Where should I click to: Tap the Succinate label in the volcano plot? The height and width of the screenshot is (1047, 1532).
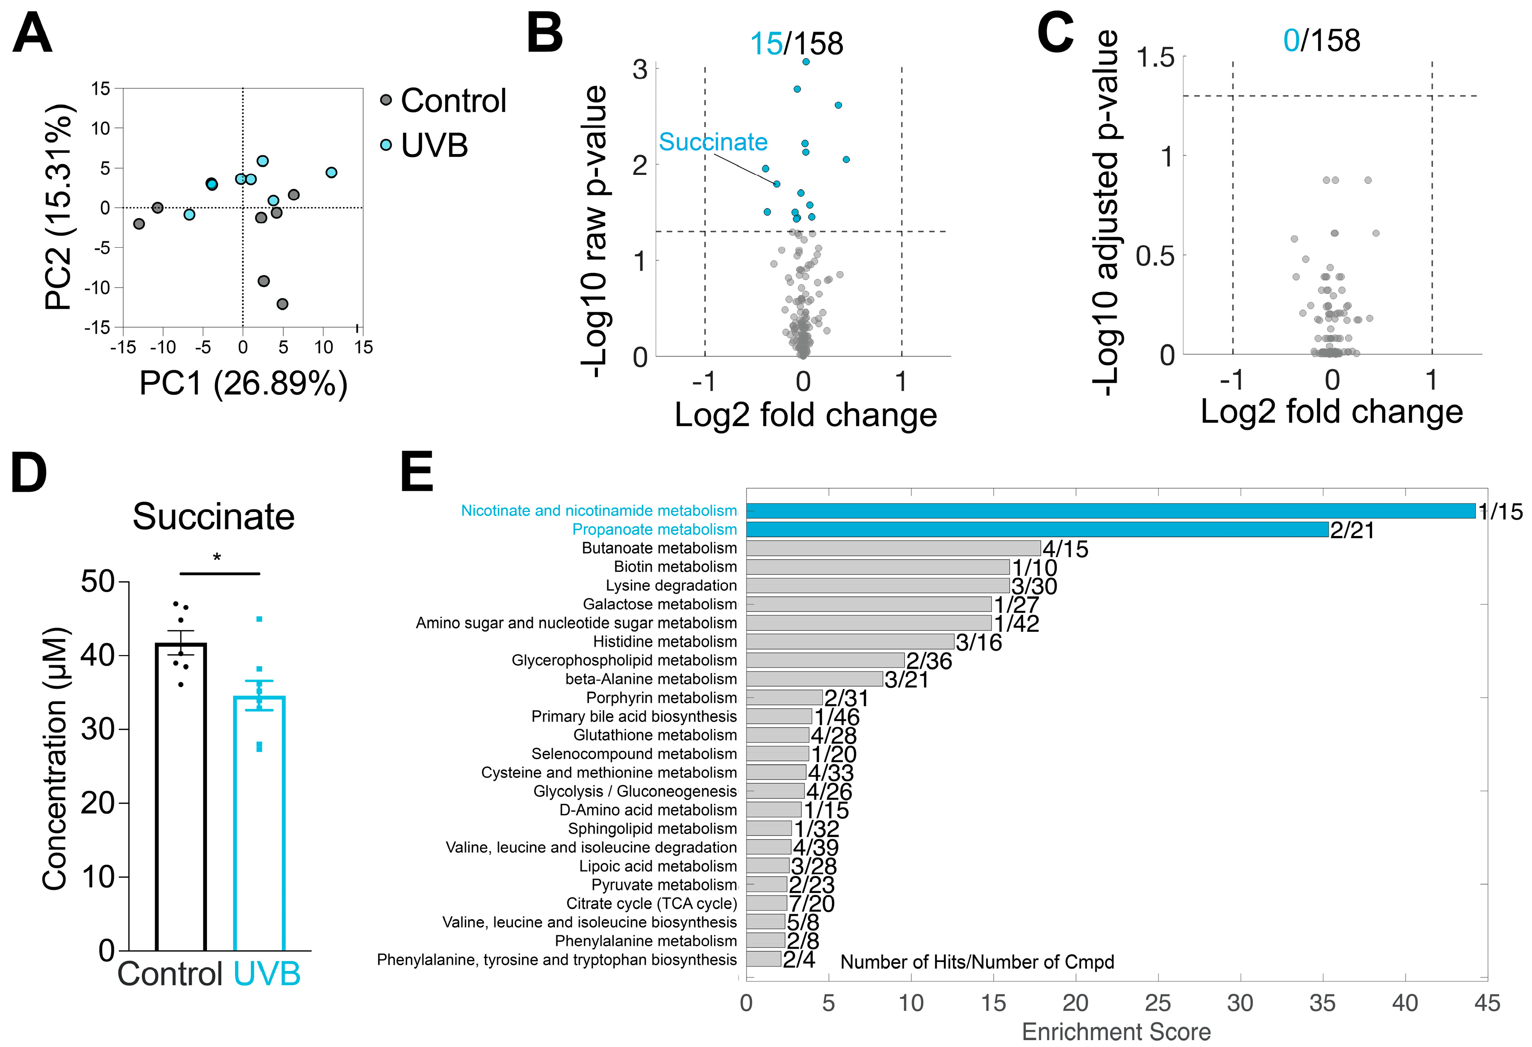click(713, 142)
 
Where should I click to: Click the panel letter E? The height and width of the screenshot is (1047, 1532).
click(417, 472)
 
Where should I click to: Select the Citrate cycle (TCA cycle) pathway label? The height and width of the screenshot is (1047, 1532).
click(651, 903)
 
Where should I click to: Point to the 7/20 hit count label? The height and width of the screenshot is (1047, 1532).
click(812, 904)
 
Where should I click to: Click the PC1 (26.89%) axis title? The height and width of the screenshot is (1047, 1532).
click(243, 384)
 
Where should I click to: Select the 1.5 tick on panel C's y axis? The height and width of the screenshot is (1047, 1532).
click(1155, 58)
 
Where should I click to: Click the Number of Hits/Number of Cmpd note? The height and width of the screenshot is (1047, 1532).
click(977, 962)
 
